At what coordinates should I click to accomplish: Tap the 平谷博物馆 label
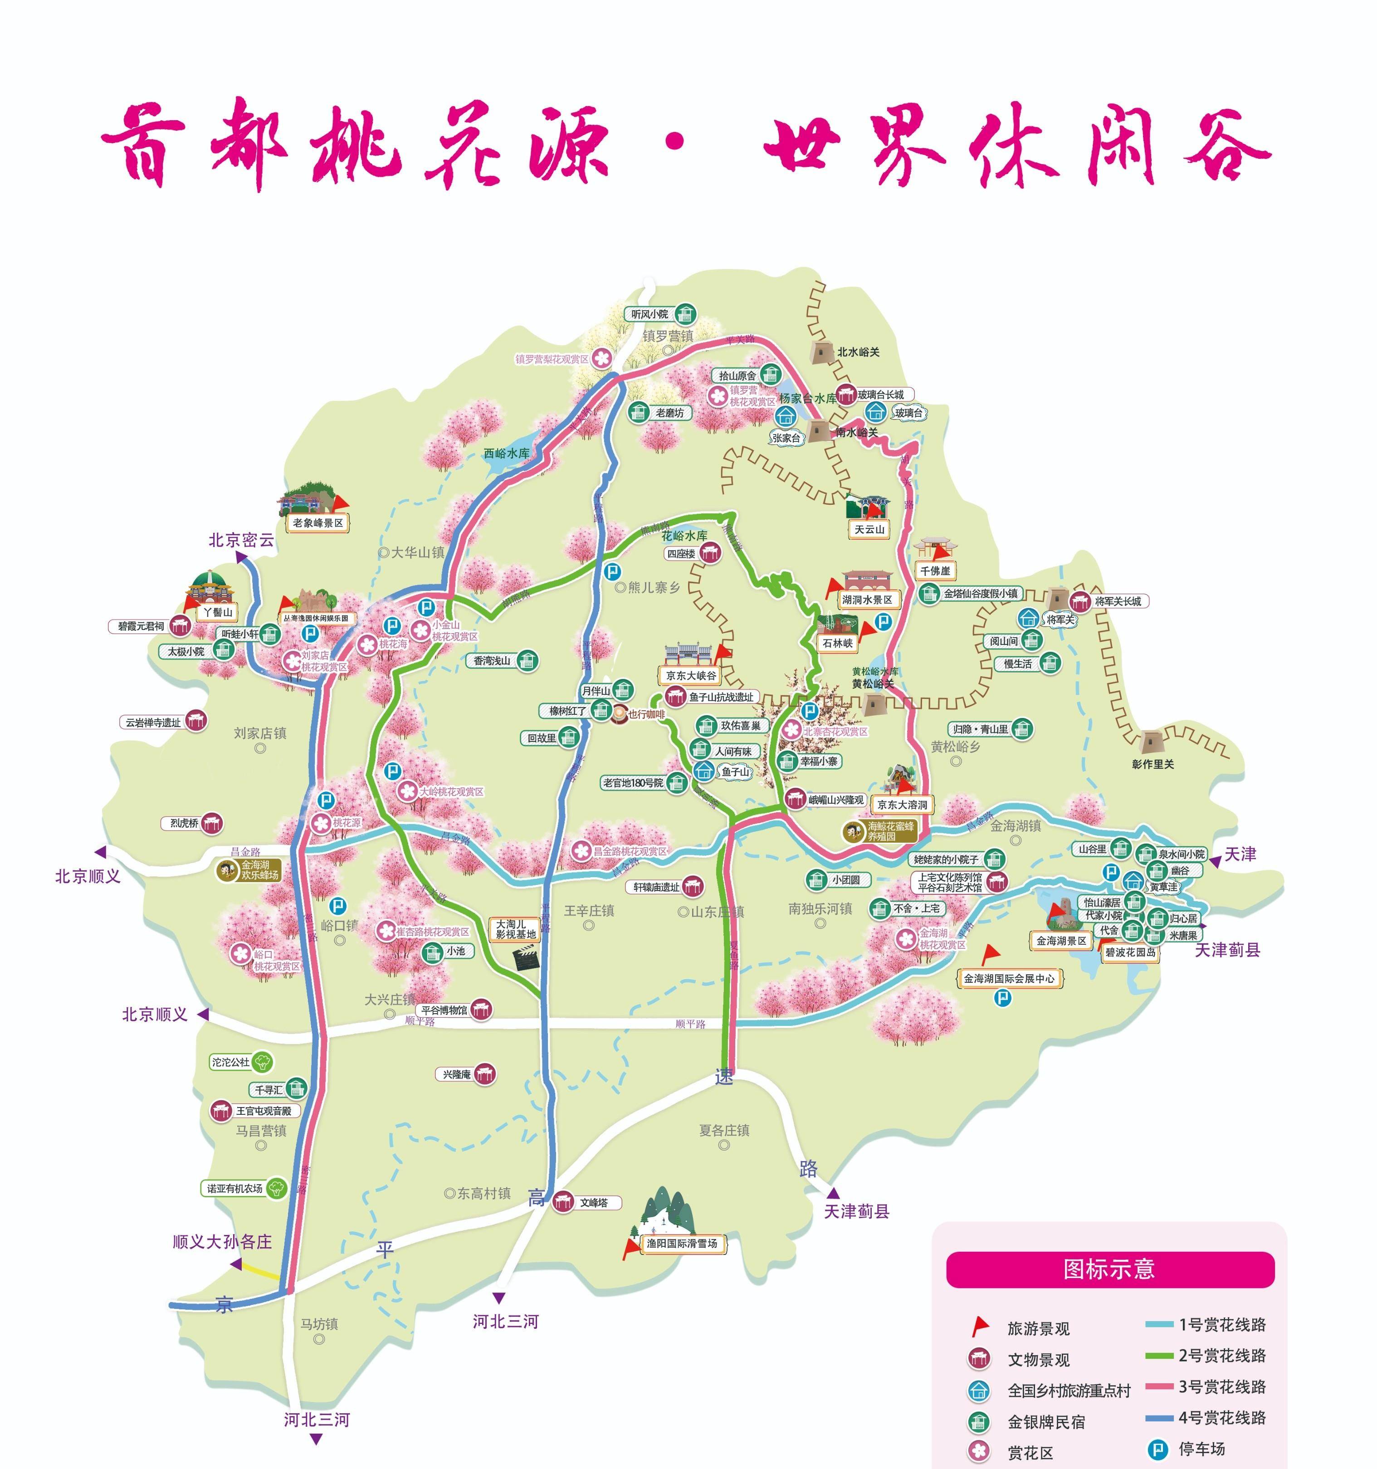pyautogui.click(x=444, y=1010)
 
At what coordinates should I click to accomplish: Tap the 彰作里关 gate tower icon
pyautogui.click(x=1151, y=742)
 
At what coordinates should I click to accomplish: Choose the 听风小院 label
pyautogui.click(x=649, y=314)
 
